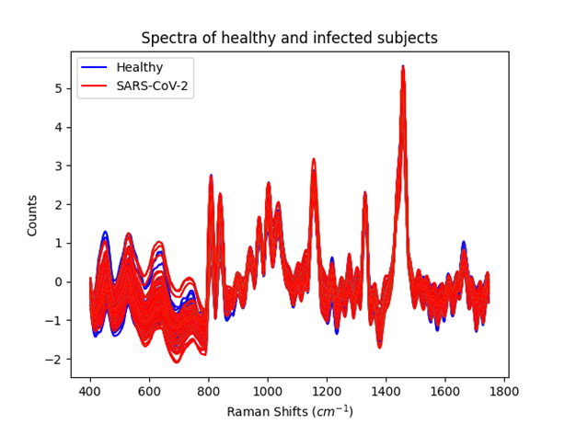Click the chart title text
pos(289,39)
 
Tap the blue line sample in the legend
pos(95,67)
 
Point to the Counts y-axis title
pos(32,214)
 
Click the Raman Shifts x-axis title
pos(289,409)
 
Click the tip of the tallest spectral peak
pos(402,66)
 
